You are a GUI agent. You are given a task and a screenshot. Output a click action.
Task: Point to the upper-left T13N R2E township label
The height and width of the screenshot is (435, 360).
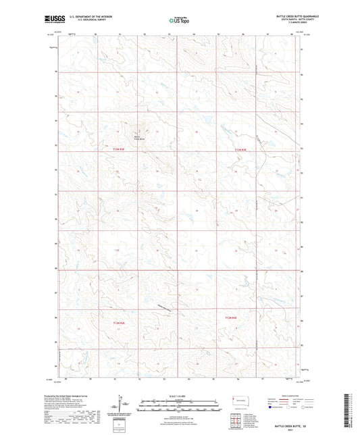point(118,149)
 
